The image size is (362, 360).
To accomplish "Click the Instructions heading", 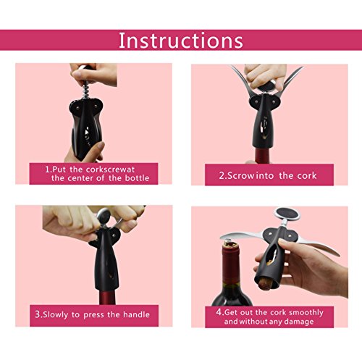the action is [181, 41].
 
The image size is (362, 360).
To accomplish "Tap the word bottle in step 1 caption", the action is [137, 178].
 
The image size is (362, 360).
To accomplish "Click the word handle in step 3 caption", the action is [136, 314].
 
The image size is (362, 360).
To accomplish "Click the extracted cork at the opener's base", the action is [266, 284].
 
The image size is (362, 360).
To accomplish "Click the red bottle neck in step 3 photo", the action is [107, 297].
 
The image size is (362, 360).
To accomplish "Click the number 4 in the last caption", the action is [219, 312].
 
